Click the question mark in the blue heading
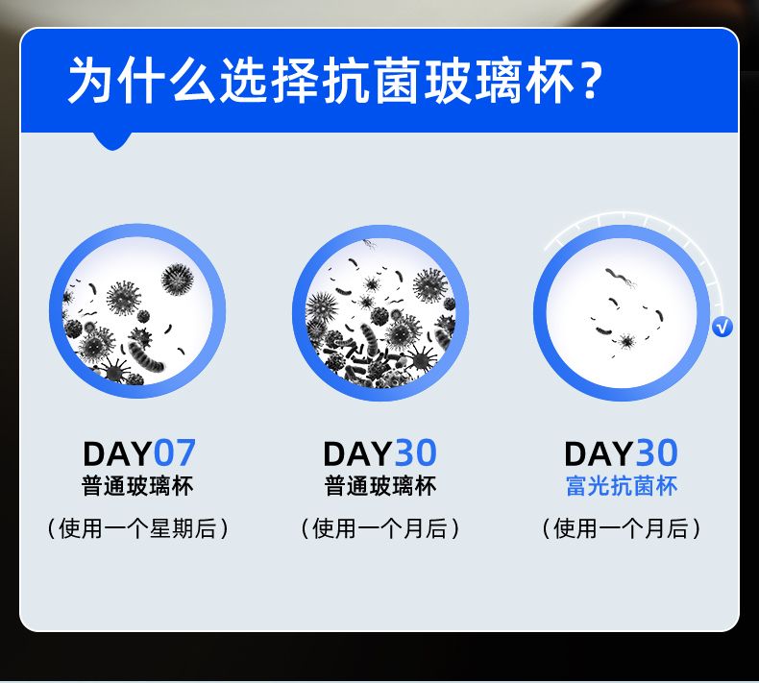(x=590, y=80)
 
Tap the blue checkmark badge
(x=722, y=328)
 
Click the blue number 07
(x=174, y=453)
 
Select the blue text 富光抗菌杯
(x=621, y=485)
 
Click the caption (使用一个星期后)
(x=137, y=528)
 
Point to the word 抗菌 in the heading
(x=371, y=80)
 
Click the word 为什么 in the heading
(x=141, y=80)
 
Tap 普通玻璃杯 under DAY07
(x=137, y=485)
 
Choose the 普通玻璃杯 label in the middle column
(x=380, y=485)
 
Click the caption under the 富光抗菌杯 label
(x=621, y=528)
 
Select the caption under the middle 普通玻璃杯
(x=380, y=528)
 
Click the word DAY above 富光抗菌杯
(x=599, y=453)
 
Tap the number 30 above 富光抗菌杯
(x=656, y=453)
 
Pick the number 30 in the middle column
(x=416, y=453)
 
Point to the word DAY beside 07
(x=117, y=453)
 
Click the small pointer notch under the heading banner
(x=112, y=141)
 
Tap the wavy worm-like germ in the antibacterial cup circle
(x=619, y=277)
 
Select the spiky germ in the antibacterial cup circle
(x=626, y=341)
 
